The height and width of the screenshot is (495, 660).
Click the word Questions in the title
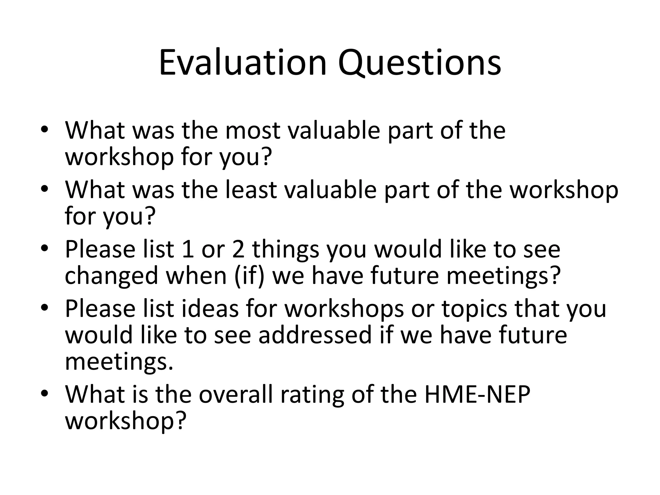tap(419, 63)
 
